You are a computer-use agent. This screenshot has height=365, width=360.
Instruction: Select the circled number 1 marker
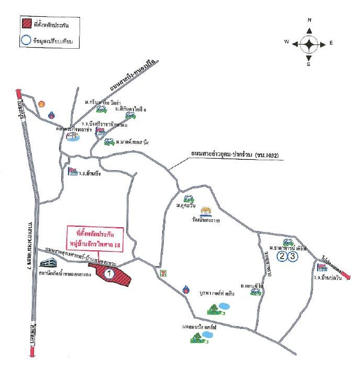(110, 273)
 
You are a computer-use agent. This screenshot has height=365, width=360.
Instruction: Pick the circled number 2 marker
(282, 256)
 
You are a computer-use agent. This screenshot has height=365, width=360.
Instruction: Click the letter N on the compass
(309, 20)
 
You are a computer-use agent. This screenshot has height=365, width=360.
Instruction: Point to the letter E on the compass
(331, 43)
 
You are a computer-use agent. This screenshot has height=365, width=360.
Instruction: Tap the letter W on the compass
(287, 41)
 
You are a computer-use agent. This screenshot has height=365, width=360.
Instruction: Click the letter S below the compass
(309, 65)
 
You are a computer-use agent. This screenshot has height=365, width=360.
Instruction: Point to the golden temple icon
(207, 212)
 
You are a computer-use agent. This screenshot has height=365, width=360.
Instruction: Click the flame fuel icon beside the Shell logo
(51, 115)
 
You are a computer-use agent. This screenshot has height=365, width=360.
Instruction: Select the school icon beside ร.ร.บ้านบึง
(72, 172)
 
